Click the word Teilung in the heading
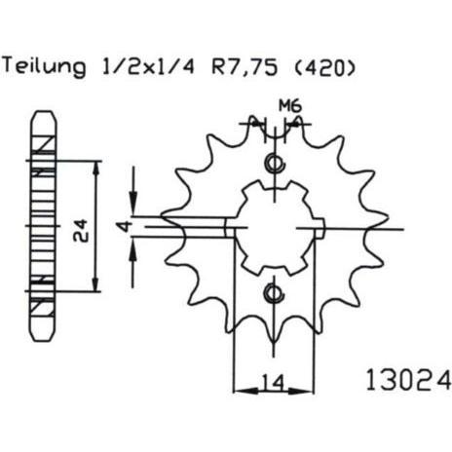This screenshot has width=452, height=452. [x=44, y=67]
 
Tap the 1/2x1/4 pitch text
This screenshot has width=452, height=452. [x=148, y=67]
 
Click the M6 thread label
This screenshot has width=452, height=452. [x=290, y=106]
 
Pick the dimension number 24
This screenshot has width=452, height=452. [x=80, y=231]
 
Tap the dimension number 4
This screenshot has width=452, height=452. [x=125, y=227]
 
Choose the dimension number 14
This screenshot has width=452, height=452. [x=274, y=382]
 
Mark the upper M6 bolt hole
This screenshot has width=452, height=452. [x=275, y=162]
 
